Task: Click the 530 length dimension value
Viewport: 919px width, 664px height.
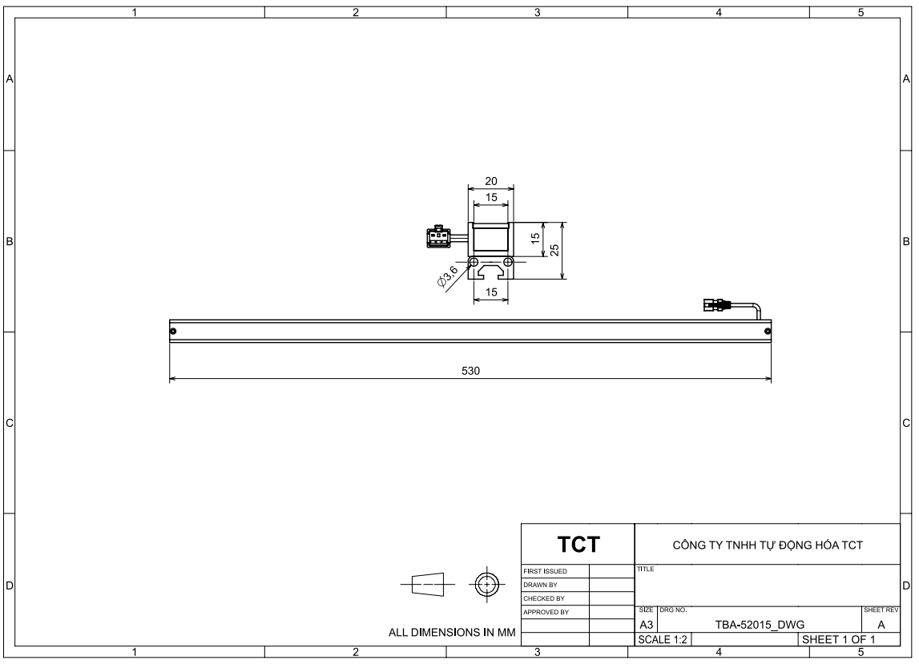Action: tap(470, 371)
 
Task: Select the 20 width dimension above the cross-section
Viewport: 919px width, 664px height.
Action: tap(491, 182)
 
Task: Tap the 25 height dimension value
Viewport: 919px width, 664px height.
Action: tap(554, 250)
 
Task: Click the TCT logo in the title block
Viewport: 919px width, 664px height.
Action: tap(578, 545)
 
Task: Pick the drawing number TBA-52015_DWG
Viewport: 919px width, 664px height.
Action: tap(760, 625)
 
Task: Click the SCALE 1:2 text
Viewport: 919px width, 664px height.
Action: tap(663, 639)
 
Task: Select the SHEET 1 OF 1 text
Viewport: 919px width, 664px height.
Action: tap(838, 639)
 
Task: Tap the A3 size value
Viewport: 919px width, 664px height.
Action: tap(646, 625)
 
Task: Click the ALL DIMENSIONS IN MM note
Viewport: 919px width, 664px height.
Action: tap(452, 632)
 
